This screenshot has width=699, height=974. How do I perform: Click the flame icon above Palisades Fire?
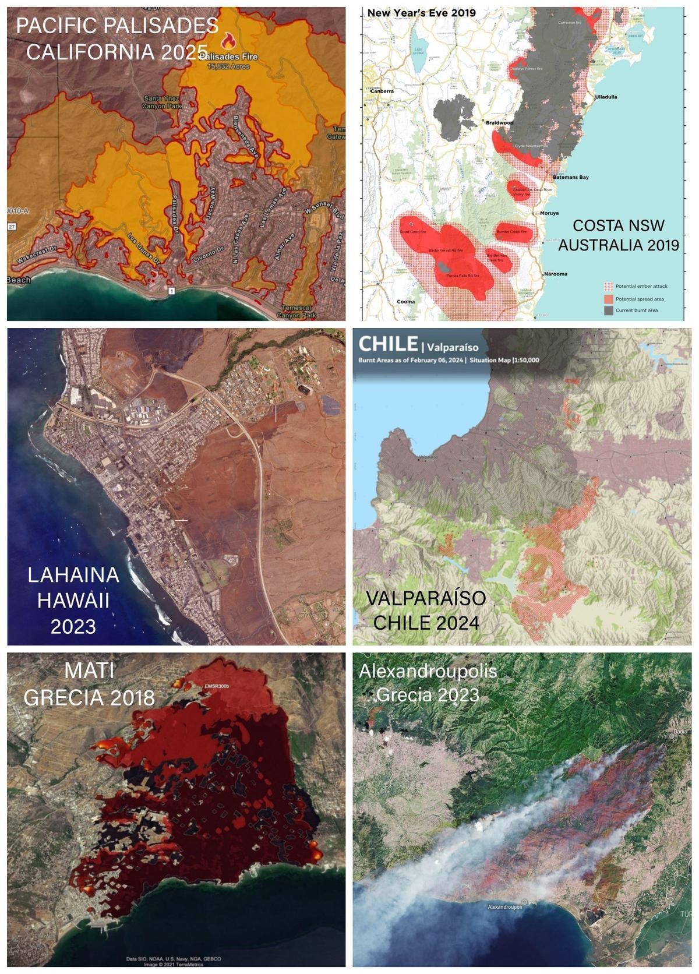[x=229, y=41]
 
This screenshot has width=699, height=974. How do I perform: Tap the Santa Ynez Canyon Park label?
[x=163, y=102]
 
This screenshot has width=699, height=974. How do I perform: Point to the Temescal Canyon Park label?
[x=301, y=311]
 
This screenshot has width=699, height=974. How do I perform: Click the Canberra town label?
[x=380, y=91]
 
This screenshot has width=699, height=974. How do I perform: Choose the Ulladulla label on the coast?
[x=606, y=97]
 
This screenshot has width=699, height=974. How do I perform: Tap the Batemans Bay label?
[x=571, y=177]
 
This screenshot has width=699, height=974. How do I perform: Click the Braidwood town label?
[x=500, y=123]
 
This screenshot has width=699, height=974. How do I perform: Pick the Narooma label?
[x=556, y=273]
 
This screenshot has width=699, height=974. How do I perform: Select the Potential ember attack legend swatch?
[x=608, y=286]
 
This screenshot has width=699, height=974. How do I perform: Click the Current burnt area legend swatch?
[x=608, y=310]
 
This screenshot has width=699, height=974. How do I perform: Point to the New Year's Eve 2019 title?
[x=421, y=13]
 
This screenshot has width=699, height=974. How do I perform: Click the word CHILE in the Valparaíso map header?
[x=388, y=344]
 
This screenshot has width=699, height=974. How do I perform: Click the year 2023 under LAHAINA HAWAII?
[x=73, y=626]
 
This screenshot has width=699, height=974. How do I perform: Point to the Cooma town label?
[x=405, y=301]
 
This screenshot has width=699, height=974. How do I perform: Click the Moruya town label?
[x=549, y=213]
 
